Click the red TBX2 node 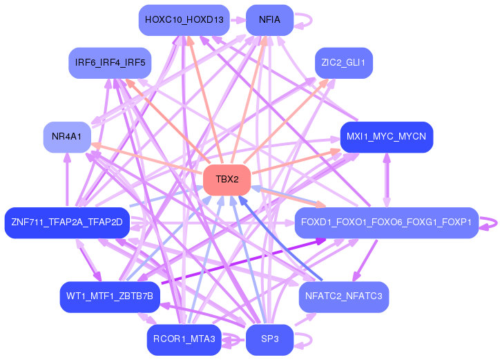coord(227,180)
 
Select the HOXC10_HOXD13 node coord(184,20)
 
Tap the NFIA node coord(270,20)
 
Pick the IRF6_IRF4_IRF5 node coord(110,63)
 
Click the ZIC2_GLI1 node coord(344,63)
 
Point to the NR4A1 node coord(67,137)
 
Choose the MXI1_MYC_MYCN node coord(387,137)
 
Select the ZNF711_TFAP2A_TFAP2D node coord(67,222)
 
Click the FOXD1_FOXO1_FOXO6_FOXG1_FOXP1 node coord(387,222)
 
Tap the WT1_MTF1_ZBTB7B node coord(110,297)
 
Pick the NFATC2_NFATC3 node coord(344,297)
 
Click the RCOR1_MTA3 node coord(184,339)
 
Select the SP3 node coord(270,339)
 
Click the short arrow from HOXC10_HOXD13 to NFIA coord(238,20)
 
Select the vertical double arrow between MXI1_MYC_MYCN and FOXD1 coord(387,180)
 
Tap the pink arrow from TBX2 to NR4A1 coord(147,159)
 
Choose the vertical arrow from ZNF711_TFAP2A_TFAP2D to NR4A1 coord(67,180)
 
